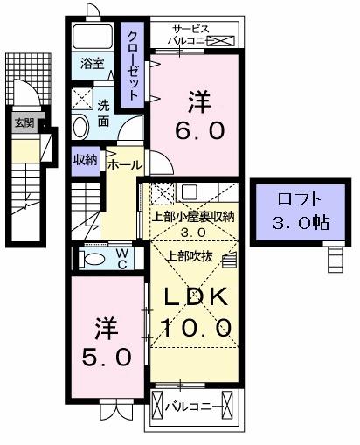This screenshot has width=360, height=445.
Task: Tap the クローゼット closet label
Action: [x=132, y=62]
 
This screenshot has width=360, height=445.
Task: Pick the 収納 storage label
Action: [x=85, y=160]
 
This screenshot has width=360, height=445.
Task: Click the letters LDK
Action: [x=197, y=297]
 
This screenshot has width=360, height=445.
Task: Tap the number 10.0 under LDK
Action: [x=197, y=329]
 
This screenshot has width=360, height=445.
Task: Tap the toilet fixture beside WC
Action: [x=89, y=259]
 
